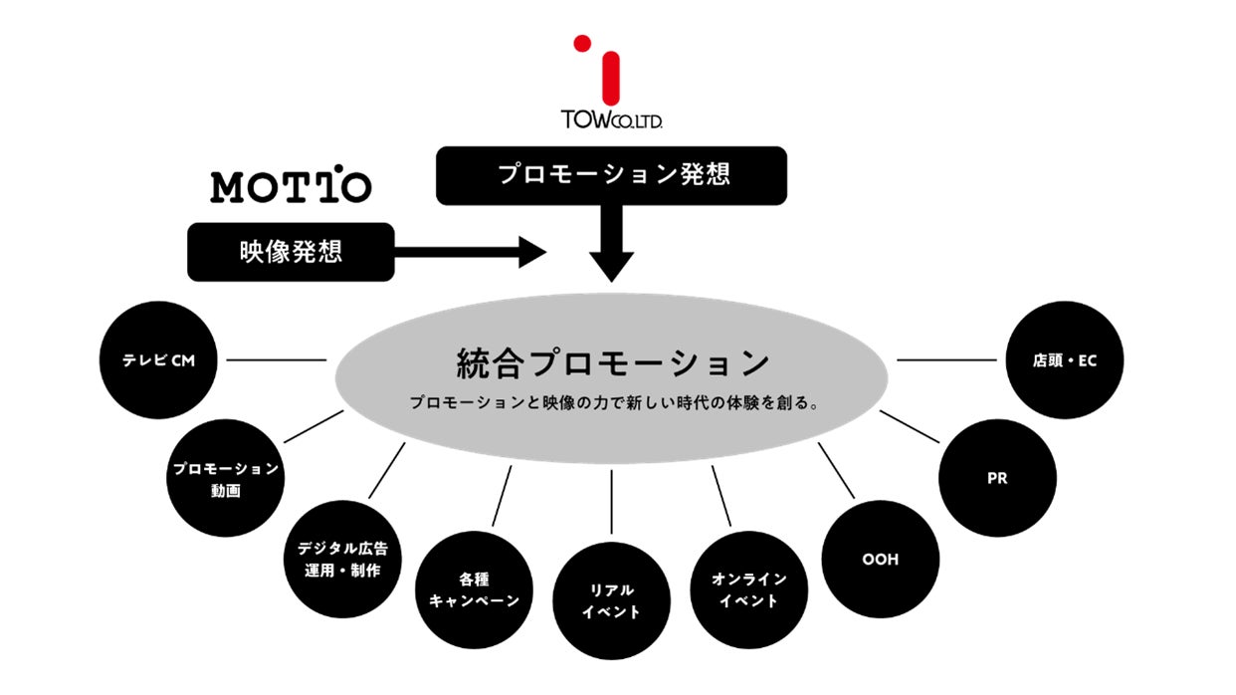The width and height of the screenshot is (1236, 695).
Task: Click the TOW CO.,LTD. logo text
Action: point(611,120)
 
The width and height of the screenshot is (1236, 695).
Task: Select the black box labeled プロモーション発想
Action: point(612,175)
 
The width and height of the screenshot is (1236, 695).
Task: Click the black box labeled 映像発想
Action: point(291,252)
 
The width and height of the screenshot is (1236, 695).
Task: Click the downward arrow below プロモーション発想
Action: point(611,244)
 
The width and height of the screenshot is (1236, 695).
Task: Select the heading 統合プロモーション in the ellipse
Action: point(612,362)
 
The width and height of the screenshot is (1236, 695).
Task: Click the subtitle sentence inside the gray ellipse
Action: point(612,403)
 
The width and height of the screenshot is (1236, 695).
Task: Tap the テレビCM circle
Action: point(158,359)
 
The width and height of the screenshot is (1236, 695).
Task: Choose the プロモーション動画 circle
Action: point(225,479)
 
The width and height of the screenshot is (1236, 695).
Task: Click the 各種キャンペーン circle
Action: point(474,588)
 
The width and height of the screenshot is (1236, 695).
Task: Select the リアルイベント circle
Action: point(611,600)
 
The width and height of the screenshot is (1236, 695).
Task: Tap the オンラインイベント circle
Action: point(748,588)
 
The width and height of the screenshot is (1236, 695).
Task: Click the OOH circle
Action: point(880,559)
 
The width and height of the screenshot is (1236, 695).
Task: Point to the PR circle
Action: point(997,478)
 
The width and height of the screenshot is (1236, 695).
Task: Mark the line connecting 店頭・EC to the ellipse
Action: point(946,359)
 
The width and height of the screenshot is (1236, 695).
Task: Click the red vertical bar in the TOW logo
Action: point(611,76)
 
